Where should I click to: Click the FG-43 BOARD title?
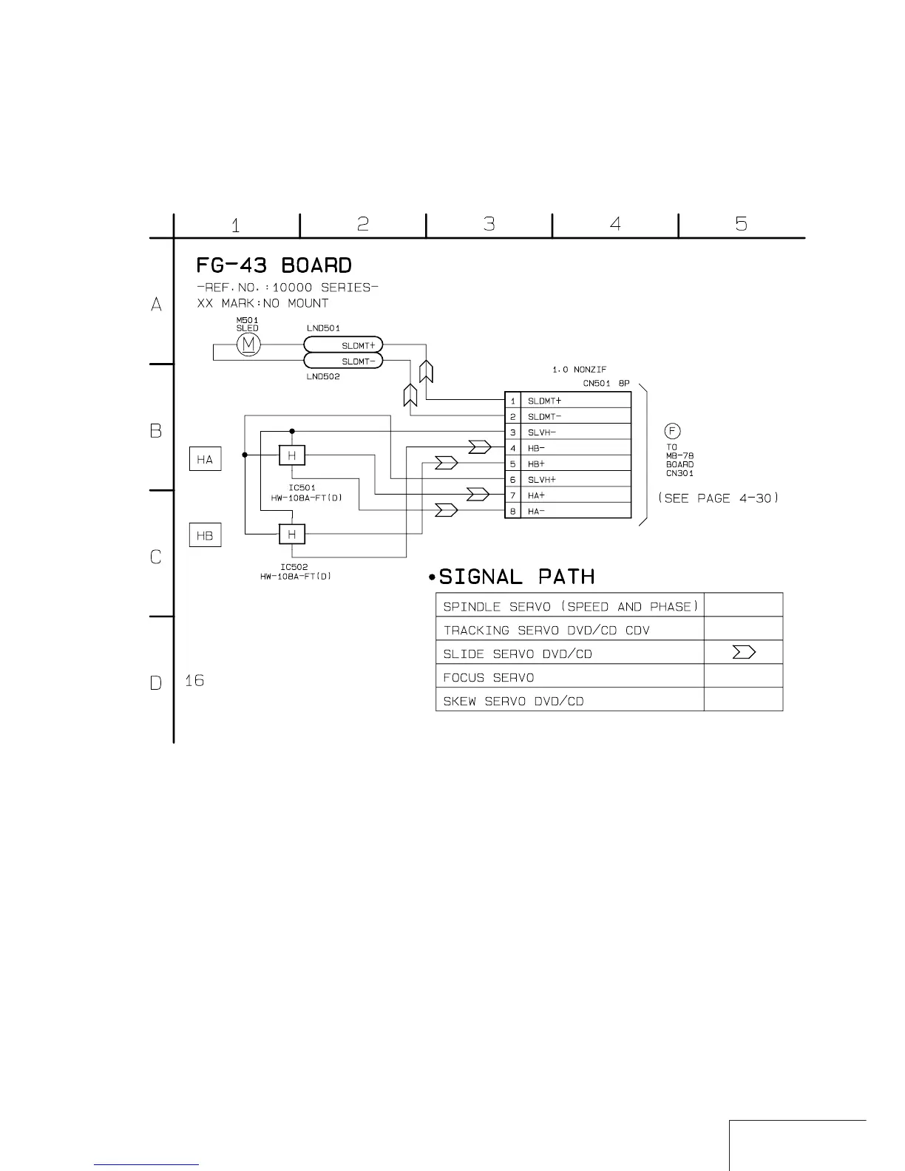pyautogui.click(x=274, y=265)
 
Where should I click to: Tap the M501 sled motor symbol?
pyautogui.click(x=249, y=344)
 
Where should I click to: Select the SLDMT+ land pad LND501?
pyautogui.click(x=343, y=345)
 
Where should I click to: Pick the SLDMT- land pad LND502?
pyautogui.click(x=343, y=362)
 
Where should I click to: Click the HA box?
pyautogui.click(x=205, y=460)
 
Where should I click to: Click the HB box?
pyautogui.click(x=205, y=535)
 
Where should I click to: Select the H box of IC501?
pyautogui.click(x=292, y=455)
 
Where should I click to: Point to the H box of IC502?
pyautogui.click(x=292, y=534)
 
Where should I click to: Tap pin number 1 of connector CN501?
pyautogui.click(x=513, y=401)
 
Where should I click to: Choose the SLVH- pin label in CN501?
pyautogui.click(x=542, y=432)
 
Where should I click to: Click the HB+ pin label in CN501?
pyautogui.click(x=537, y=464)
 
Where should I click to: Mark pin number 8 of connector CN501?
pyautogui.click(x=513, y=512)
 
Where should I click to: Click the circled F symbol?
pyautogui.click(x=672, y=431)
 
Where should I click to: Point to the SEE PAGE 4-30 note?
pyautogui.click(x=719, y=498)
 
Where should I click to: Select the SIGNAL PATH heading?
pyautogui.click(x=516, y=577)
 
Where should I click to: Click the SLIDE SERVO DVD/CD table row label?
pyautogui.click(x=518, y=654)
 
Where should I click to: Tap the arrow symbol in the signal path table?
pyautogui.click(x=743, y=652)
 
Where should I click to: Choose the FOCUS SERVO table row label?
pyautogui.click(x=489, y=678)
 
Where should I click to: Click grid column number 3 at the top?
pyautogui.click(x=489, y=224)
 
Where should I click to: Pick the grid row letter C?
pyautogui.click(x=156, y=557)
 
